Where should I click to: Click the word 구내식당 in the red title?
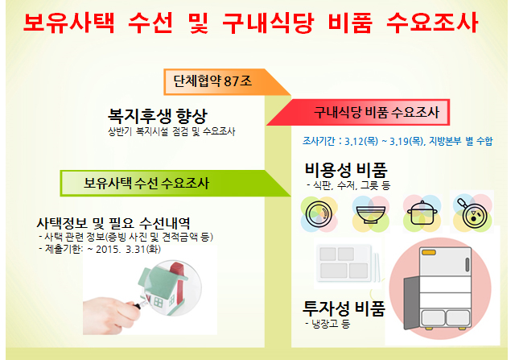pyautogui.click(x=268, y=23)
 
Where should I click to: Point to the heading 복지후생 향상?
pyautogui.click(x=158, y=116)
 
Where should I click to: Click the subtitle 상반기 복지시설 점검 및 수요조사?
pyautogui.click(x=171, y=132)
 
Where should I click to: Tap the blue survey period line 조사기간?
pyautogui.click(x=398, y=141)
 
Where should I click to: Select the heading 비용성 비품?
pyautogui.click(x=346, y=170)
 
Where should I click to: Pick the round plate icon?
pyautogui.click(x=319, y=214)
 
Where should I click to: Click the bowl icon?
pyautogui.click(x=371, y=214)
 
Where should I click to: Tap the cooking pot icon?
pyautogui.click(x=422, y=213)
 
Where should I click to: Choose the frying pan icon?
pyautogui.click(x=472, y=213)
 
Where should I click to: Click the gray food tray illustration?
pyautogui.click(x=348, y=264)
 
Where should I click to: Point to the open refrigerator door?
pyautogui.click(x=411, y=303)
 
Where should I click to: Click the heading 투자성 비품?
pyautogui.click(x=344, y=308)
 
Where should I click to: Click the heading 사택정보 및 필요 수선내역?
pyautogui.click(x=113, y=223)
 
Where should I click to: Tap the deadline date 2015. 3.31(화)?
pyautogui.click(x=128, y=249)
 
